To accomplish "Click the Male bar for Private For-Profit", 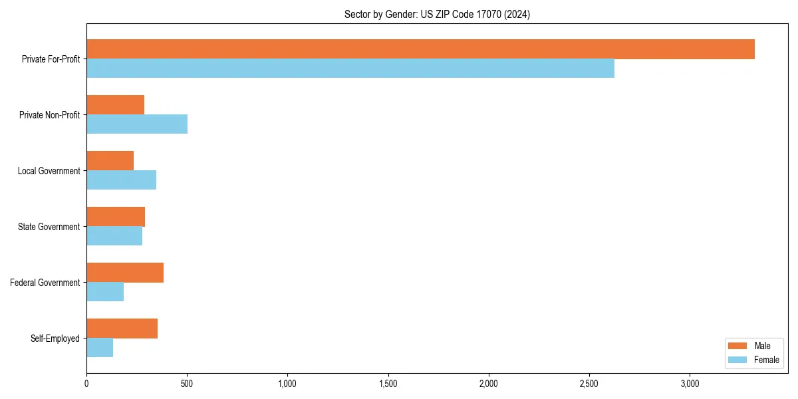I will point(420,49).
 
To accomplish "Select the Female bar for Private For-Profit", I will point(350,68).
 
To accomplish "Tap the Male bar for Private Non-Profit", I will point(115,105).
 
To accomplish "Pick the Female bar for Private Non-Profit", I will point(137,124).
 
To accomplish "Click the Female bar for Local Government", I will point(121,180).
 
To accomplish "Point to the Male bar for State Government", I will point(116,217).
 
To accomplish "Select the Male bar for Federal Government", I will point(125,273).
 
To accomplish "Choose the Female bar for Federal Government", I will point(105,292).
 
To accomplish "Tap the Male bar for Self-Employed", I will point(122,329).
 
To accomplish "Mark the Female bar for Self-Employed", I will point(100,348).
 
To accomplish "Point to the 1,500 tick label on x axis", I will point(388,384).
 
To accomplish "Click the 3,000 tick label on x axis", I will point(690,384).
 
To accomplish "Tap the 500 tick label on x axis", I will point(187,384).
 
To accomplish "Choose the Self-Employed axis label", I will point(55,338).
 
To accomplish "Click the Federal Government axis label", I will point(45,283).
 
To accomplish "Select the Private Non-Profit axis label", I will point(49,115).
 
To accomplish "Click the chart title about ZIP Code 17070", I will point(437,14).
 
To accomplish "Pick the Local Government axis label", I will point(49,171).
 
